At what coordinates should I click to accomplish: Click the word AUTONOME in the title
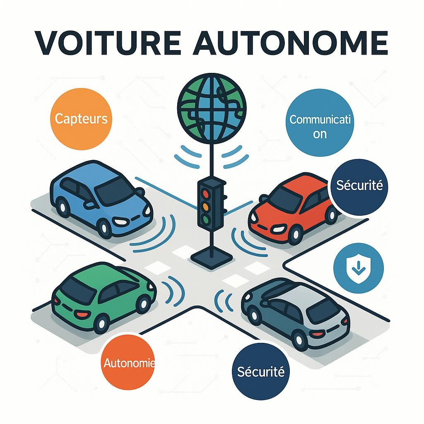[290, 43]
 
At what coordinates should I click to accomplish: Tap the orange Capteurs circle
[81, 119]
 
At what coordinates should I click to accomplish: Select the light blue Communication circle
[320, 123]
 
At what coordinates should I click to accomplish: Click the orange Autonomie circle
[127, 364]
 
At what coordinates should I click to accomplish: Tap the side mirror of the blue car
[89, 204]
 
